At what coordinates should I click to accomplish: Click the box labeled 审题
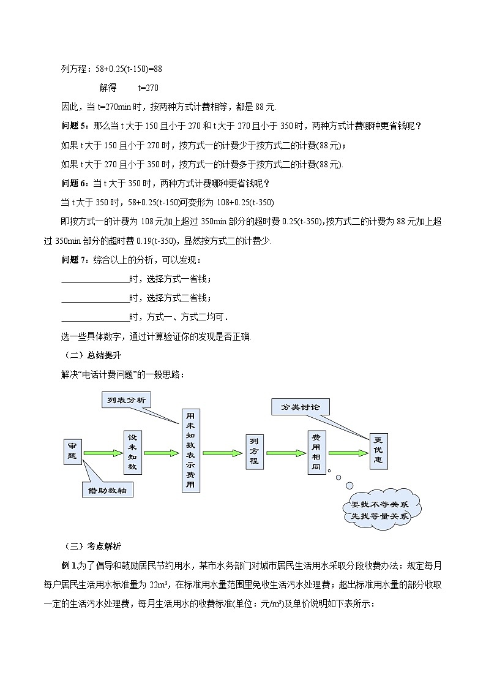point(72,452)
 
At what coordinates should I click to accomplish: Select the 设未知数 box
point(132,452)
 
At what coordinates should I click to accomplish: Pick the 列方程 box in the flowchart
point(254,452)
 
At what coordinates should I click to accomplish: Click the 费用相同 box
point(316,452)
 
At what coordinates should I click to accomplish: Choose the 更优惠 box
point(378,452)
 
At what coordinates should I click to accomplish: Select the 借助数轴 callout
point(107,490)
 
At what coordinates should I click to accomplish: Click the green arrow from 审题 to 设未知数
point(102,453)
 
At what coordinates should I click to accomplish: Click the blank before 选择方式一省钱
point(95,279)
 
